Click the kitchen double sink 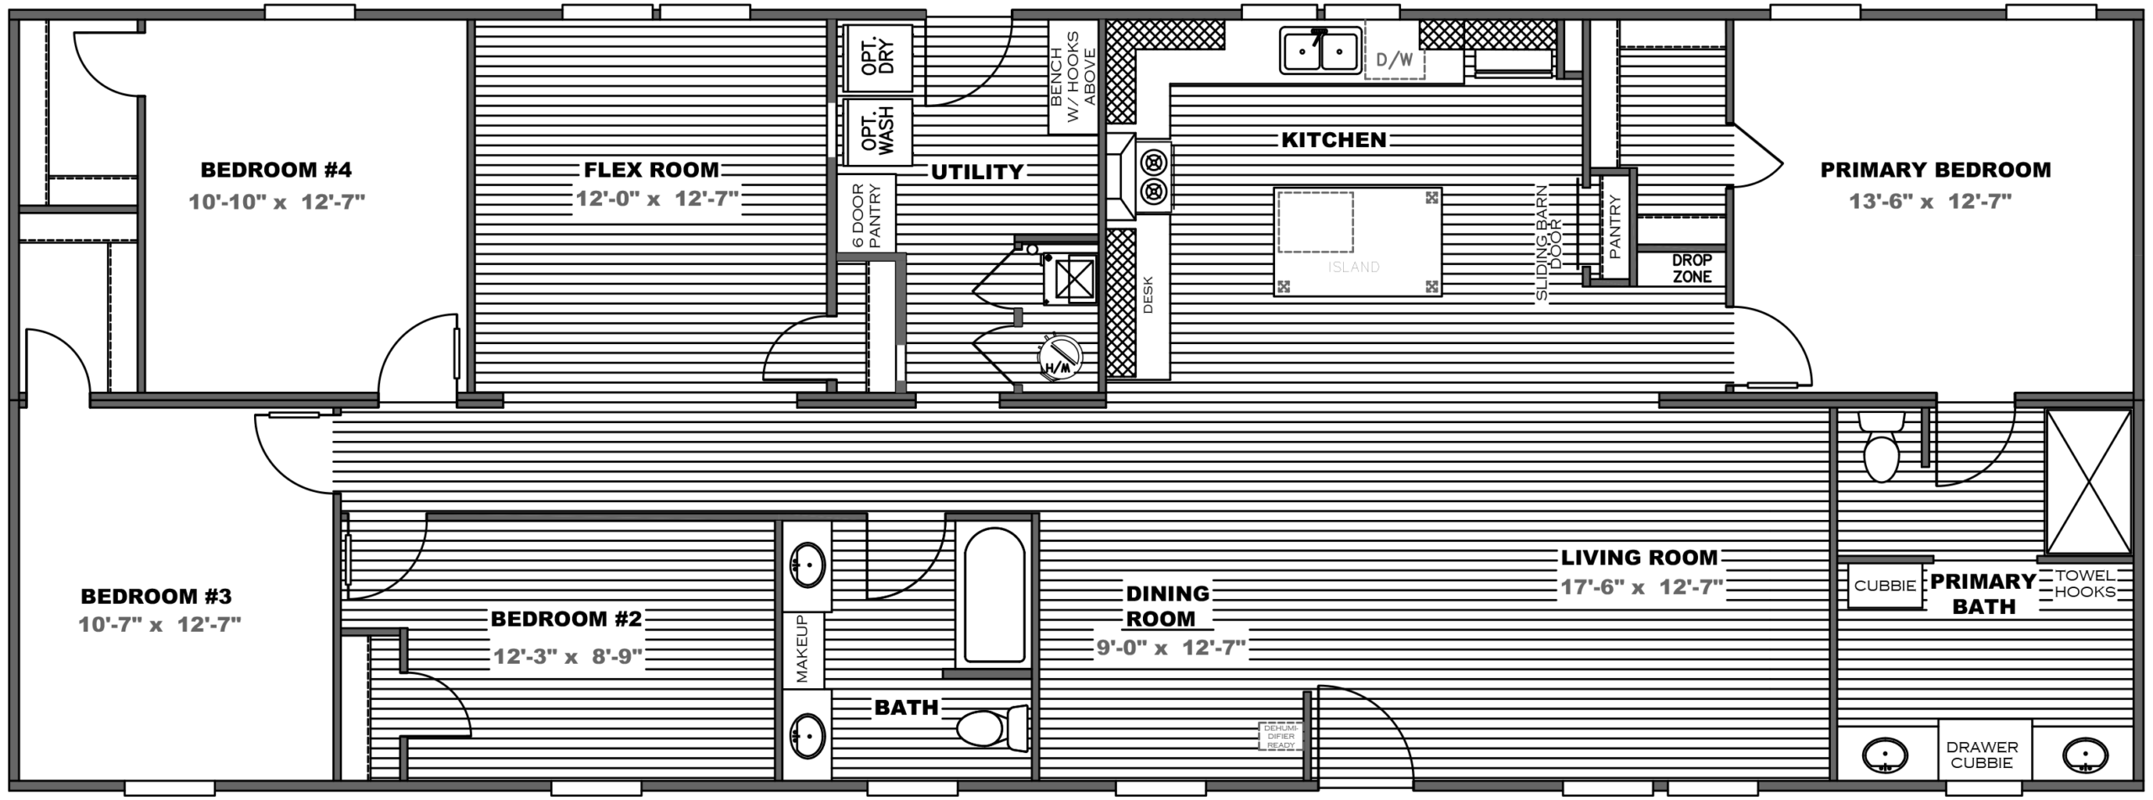coord(1320,50)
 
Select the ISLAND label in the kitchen coord(1354,268)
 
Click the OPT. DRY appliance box coord(878,57)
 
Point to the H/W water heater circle coord(1061,358)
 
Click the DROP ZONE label coord(1691,268)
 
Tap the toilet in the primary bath coord(1881,447)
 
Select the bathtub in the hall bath coord(994,595)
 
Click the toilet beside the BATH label coord(992,728)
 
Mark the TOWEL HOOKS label coord(2086,583)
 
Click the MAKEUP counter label coord(801,649)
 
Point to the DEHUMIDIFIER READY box coord(1280,736)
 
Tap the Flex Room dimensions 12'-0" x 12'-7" coord(657,200)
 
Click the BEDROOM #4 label coord(276,170)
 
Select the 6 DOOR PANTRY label coord(865,215)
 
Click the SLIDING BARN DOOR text coord(1548,242)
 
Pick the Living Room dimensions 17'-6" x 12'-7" coord(1643,587)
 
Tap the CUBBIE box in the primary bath coord(1885,586)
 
